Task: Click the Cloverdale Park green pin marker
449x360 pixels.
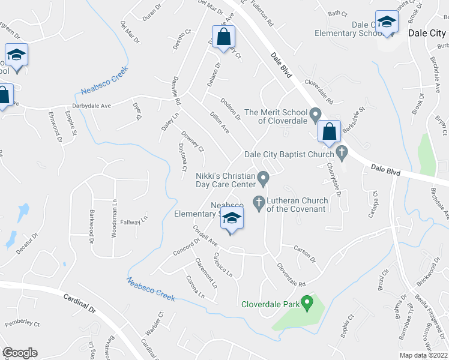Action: click(x=307, y=302)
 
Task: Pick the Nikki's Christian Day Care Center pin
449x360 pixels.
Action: click(x=263, y=177)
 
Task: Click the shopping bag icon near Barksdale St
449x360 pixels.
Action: click(x=330, y=131)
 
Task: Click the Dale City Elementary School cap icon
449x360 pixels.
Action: click(x=387, y=23)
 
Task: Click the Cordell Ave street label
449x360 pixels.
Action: click(x=204, y=235)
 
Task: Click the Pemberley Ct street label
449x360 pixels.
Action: click(x=22, y=324)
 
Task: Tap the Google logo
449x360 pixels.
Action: click(x=20, y=352)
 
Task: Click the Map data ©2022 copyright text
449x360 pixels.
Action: click(x=424, y=355)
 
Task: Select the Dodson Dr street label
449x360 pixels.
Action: click(x=231, y=109)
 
